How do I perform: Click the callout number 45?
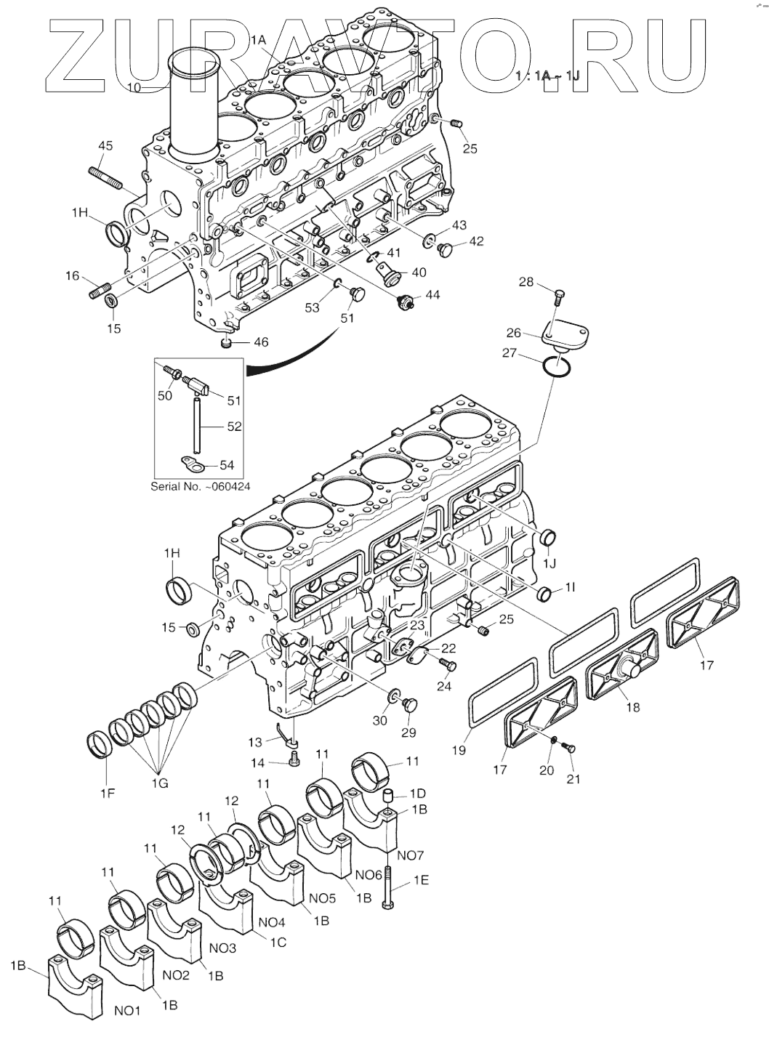point(105,146)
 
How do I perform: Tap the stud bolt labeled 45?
point(104,175)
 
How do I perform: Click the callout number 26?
point(514,333)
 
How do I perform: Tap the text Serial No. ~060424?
point(200,486)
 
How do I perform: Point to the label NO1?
point(126,1010)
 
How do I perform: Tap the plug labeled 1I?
point(544,595)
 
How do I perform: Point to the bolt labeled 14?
point(293,760)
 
